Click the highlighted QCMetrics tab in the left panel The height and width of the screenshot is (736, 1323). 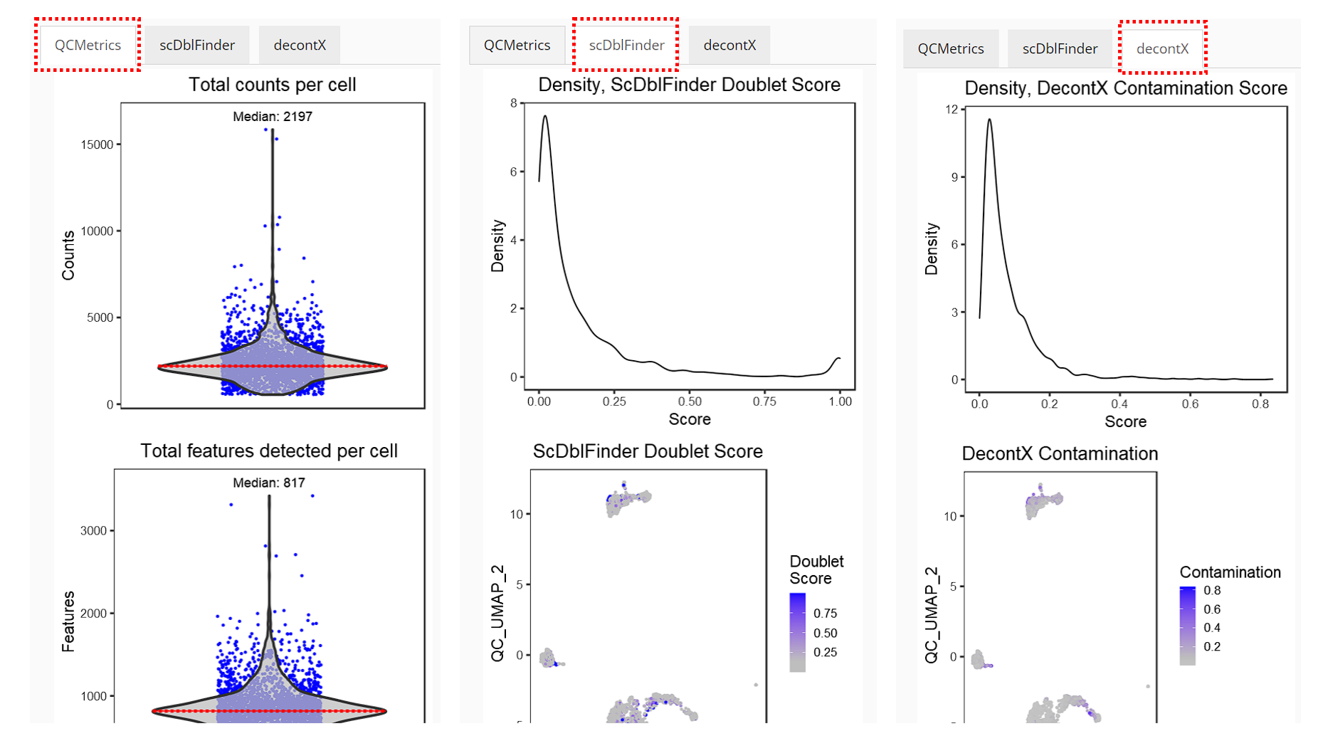pos(88,45)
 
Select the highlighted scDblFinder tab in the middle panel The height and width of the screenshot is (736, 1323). pos(626,45)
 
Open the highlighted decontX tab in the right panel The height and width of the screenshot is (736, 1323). pos(1162,48)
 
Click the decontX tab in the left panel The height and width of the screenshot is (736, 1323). pos(300,45)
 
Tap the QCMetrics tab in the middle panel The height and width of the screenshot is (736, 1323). pos(517,45)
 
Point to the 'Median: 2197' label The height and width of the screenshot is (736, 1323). pos(273,116)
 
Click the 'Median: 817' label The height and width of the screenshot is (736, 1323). pos(269,483)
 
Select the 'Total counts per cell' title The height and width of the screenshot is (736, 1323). pos(272,85)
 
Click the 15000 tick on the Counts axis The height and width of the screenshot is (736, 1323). pos(97,144)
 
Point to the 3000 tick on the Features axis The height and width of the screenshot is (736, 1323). pos(93,530)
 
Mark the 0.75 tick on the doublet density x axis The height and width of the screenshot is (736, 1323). pos(764,401)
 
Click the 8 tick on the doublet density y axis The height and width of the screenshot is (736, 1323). pos(514,103)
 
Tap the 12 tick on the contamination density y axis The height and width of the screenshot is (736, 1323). pos(952,109)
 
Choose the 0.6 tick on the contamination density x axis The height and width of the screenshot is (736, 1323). pos(1190,404)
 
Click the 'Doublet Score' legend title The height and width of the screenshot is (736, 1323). pos(816,570)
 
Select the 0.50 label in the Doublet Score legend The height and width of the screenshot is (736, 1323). pos(825,633)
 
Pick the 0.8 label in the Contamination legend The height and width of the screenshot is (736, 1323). pos(1212,590)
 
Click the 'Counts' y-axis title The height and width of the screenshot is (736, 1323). pos(68,256)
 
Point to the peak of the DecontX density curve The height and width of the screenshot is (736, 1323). pos(989,120)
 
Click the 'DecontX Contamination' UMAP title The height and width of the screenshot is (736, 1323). pos(1060,454)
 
